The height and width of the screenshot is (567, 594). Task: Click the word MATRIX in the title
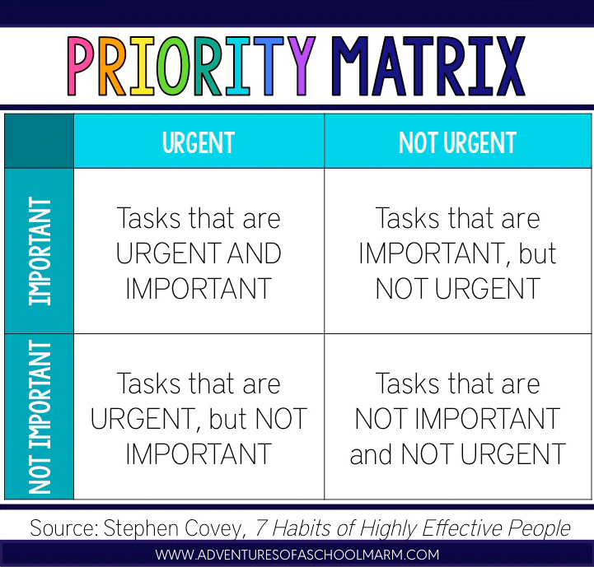point(428,66)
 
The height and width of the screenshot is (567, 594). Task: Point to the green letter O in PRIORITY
point(174,66)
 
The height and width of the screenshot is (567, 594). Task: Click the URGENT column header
point(199,142)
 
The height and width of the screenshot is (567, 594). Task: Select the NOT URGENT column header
point(457,142)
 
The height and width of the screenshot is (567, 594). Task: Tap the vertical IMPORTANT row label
point(40,251)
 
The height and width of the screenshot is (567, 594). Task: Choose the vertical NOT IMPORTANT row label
point(40,416)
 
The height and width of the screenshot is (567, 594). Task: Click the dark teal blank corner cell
point(39,141)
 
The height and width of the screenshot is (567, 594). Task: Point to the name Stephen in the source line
point(141,528)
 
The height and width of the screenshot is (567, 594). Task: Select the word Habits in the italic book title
point(301,527)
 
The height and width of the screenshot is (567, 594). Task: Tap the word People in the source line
point(539,528)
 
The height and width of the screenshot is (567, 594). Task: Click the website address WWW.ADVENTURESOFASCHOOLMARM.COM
point(297,555)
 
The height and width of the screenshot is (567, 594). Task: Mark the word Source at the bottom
point(63,527)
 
